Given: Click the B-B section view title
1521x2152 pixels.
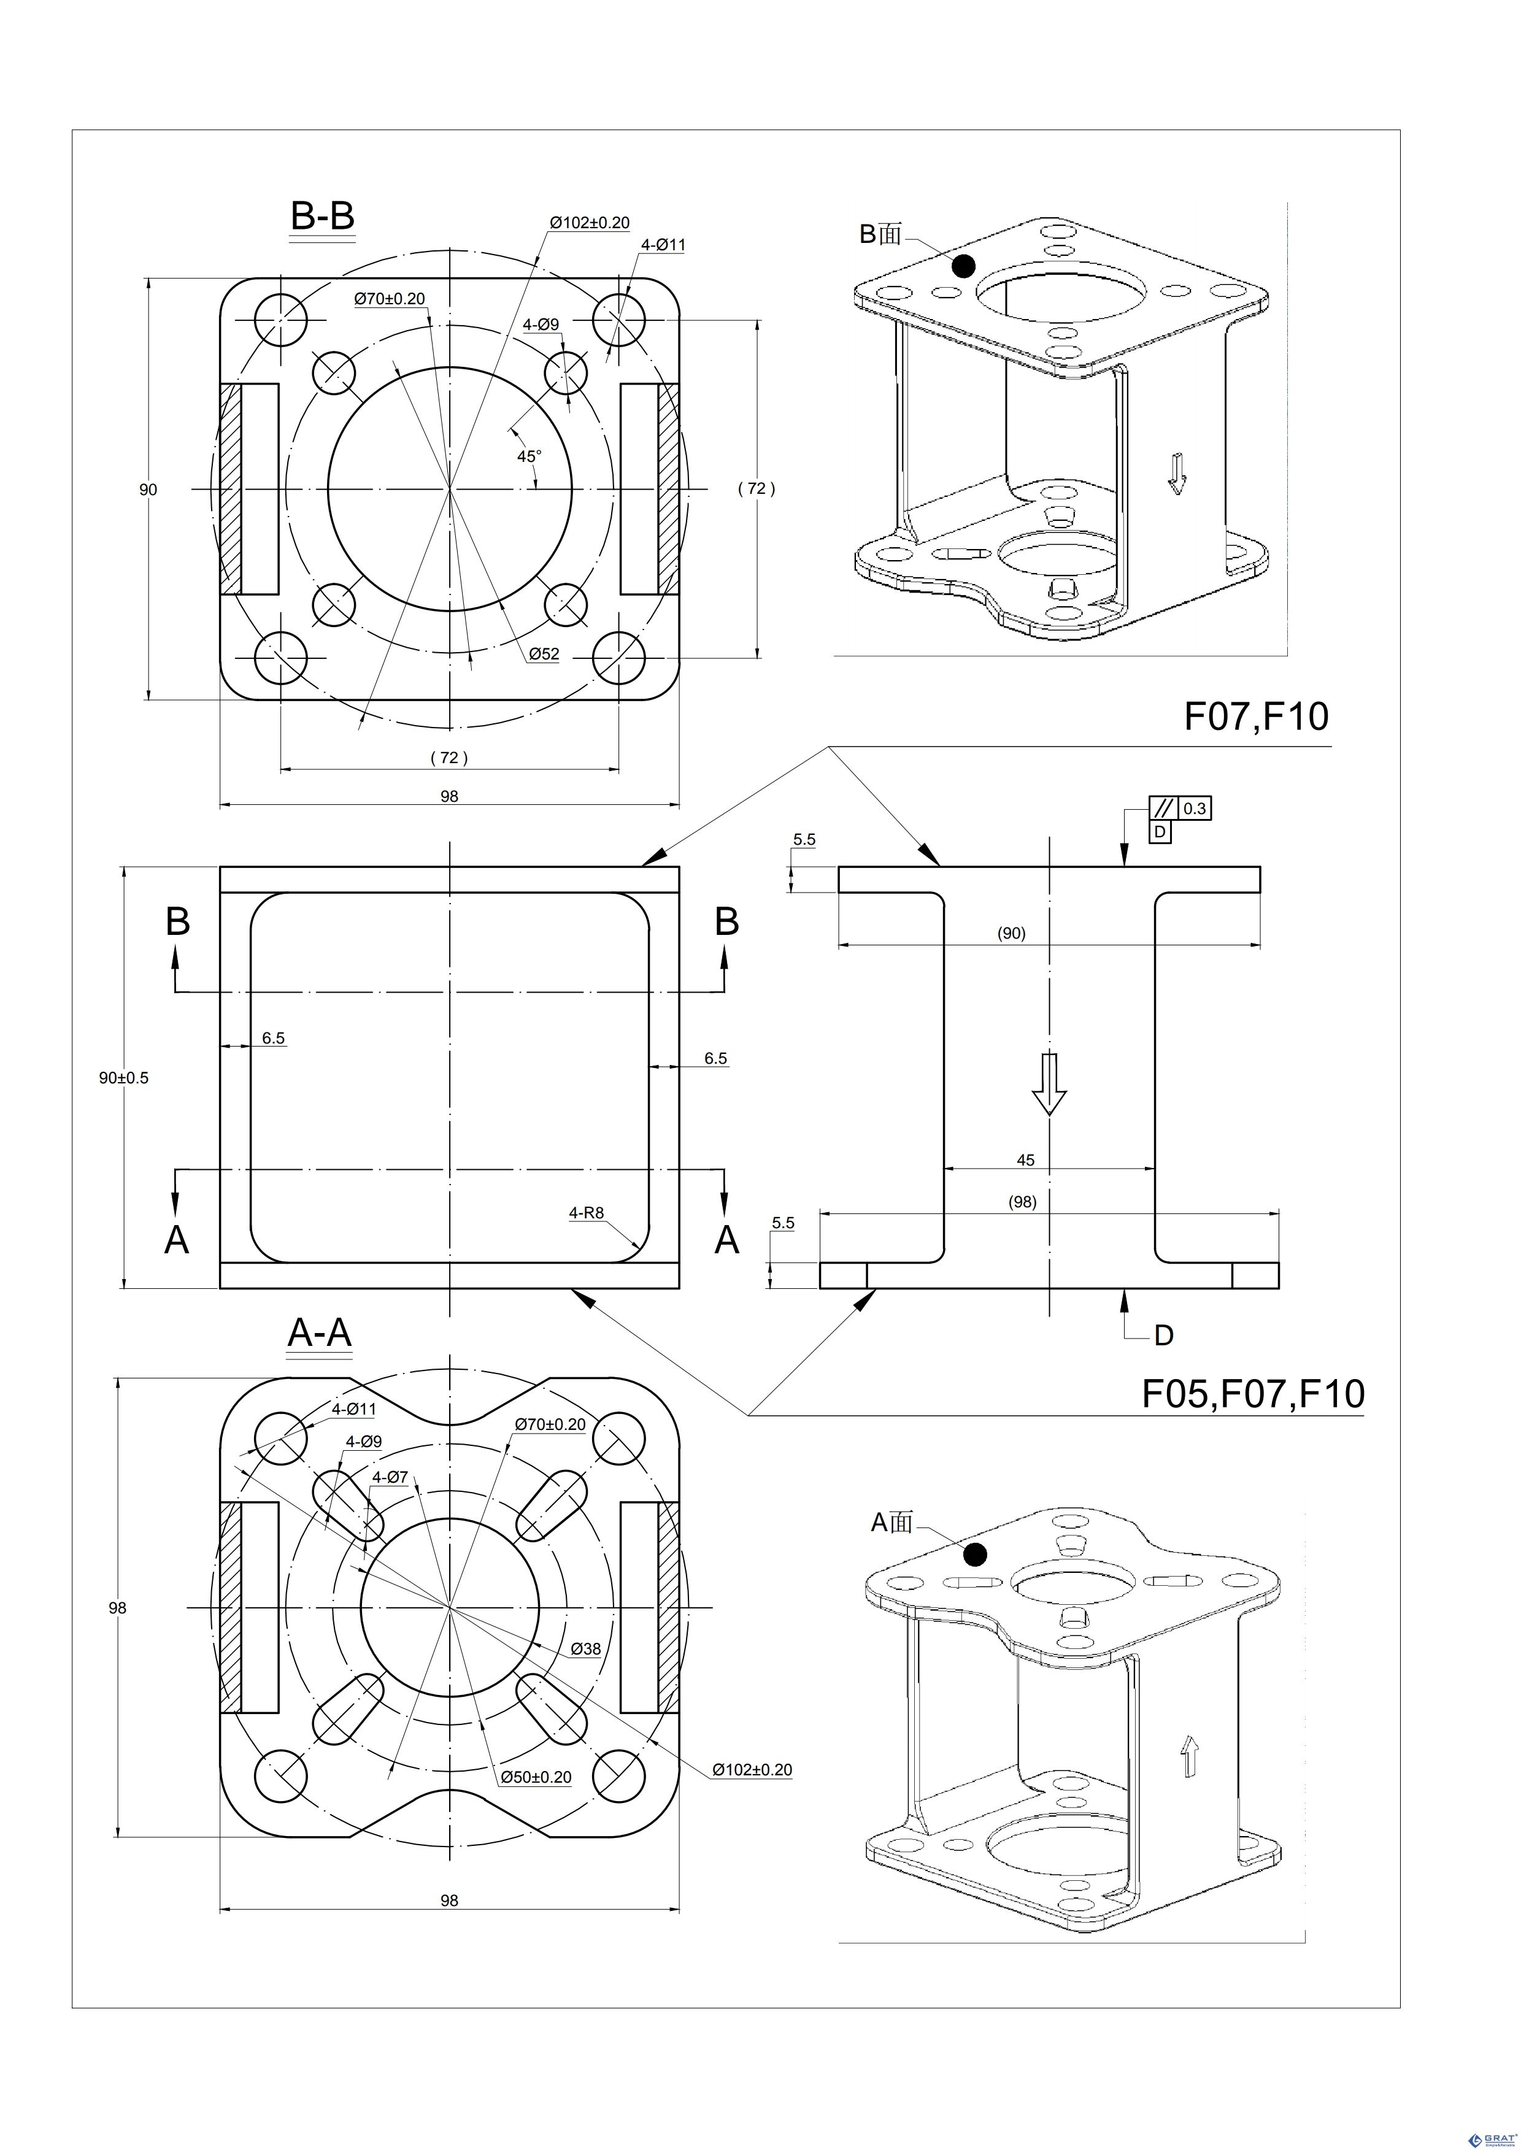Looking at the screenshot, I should [322, 217].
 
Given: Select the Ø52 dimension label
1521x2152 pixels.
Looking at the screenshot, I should [544, 653].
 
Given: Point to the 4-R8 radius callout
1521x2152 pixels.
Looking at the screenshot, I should [587, 1213].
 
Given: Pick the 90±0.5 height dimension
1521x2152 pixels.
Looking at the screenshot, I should [124, 1078].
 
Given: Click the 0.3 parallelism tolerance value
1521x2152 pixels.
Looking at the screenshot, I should [1194, 808].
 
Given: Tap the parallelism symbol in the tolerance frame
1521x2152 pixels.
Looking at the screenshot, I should [1163, 808].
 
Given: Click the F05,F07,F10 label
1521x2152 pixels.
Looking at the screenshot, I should [1252, 1420].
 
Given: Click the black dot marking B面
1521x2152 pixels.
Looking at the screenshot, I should [963, 266].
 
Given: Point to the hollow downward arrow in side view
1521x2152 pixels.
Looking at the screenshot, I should [1049, 1083].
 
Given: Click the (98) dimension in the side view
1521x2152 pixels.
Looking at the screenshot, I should [1022, 1202].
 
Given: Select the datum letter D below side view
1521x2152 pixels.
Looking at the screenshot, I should [1164, 1335].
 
